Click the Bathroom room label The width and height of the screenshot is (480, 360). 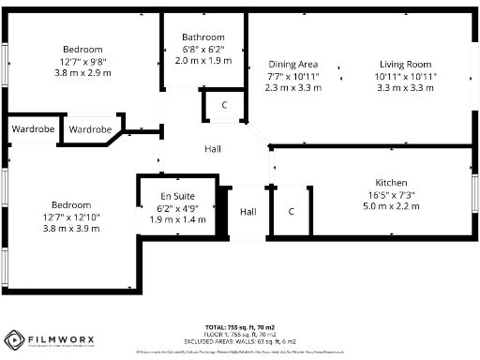(x=203, y=37)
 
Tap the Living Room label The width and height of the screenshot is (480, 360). (x=406, y=64)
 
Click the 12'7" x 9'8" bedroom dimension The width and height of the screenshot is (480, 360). (x=82, y=61)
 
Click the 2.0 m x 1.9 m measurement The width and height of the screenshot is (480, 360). (x=203, y=59)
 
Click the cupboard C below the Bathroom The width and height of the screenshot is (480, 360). (x=224, y=105)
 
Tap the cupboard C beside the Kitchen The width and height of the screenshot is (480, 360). (x=292, y=212)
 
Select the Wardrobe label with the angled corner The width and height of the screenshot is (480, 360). (x=91, y=129)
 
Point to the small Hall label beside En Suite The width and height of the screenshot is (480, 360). (x=247, y=212)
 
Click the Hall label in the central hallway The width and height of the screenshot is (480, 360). (x=214, y=149)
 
